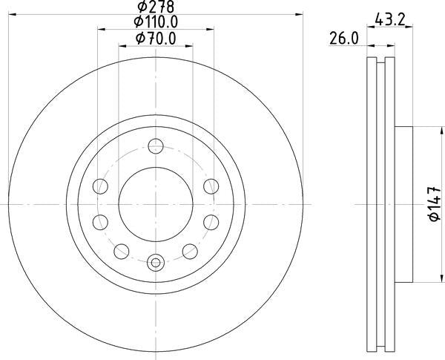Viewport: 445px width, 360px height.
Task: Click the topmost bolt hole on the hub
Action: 155,145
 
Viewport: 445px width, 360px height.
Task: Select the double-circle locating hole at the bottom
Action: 155,261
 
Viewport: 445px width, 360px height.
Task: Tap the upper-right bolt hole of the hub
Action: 211,186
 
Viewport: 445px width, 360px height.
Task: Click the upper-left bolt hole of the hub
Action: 99,186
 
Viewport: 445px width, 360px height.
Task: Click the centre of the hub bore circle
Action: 155,203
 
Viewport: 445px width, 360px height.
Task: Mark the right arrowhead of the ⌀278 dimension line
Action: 299,13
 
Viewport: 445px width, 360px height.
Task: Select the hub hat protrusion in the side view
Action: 404,203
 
